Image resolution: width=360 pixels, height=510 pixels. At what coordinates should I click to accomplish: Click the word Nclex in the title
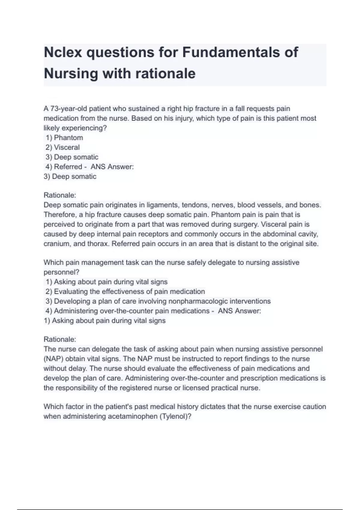[x=63, y=52]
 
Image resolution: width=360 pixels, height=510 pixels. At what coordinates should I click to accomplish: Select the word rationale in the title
[x=166, y=73]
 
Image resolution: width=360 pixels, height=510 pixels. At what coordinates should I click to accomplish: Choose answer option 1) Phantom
[x=64, y=138]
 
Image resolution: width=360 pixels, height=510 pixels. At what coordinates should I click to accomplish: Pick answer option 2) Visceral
[x=62, y=147]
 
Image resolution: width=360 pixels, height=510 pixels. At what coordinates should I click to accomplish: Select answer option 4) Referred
[x=64, y=167]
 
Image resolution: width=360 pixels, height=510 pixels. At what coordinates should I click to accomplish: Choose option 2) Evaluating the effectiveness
[x=125, y=292]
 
